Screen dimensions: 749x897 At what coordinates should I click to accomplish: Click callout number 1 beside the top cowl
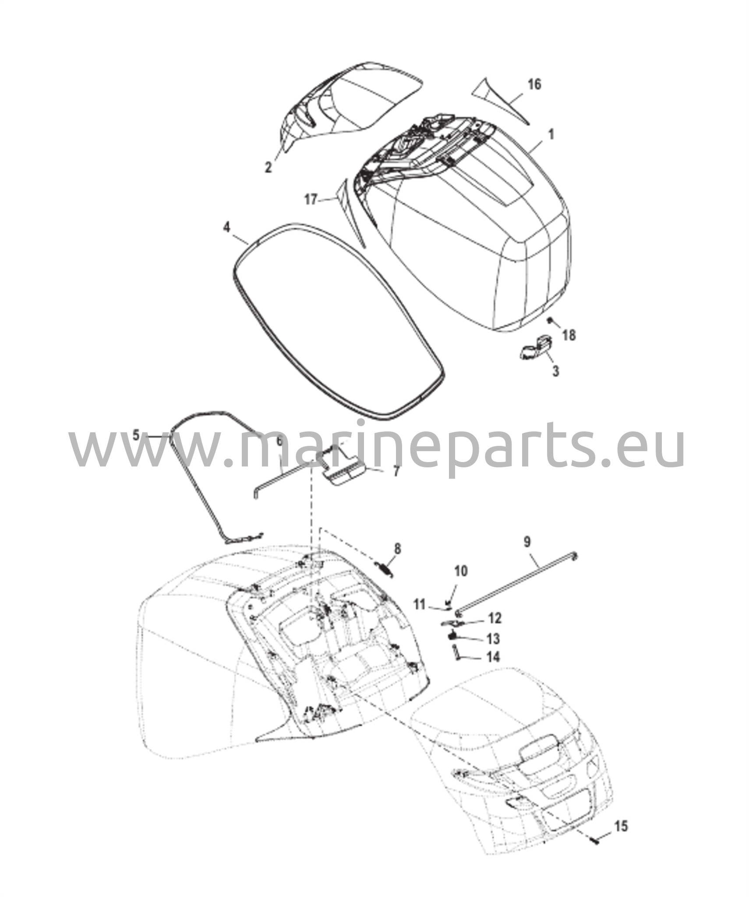(551, 135)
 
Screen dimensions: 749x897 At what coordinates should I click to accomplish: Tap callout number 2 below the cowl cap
(268, 166)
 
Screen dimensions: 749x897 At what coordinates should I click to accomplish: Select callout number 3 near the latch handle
(555, 371)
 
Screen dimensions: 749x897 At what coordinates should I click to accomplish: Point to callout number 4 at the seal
(226, 227)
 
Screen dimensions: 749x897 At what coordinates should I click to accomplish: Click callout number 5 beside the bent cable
(136, 435)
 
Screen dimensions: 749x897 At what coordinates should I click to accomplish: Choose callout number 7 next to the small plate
(396, 472)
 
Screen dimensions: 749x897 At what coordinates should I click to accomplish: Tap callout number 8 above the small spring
(397, 548)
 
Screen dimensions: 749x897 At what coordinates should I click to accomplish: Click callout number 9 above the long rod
(527, 542)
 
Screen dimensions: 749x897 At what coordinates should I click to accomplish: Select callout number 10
(461, 571)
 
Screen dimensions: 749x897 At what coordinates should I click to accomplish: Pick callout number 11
(420, 605)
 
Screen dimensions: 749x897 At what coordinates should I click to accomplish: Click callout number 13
(493, 639)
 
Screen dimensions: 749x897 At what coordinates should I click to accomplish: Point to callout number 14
(493, 657)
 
